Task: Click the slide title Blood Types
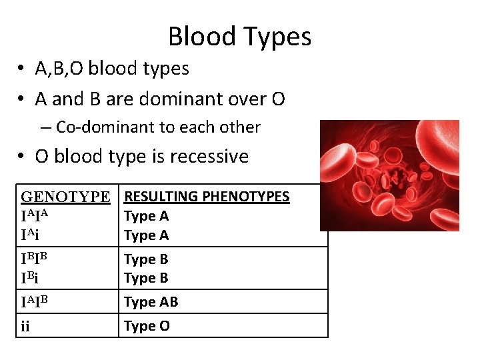pos(239,36)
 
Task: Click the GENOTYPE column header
pos(65,197)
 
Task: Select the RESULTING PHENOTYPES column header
pos(207,196)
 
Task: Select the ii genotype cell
pos(26,326)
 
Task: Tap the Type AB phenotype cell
pos(151,302)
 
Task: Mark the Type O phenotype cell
pos(147,326)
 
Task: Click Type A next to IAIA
pos(147,215)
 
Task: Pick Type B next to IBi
pos(147,278)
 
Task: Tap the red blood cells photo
pos(389,175)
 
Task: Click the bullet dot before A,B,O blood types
pos(22,69)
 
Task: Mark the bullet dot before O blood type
pos(22,157)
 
